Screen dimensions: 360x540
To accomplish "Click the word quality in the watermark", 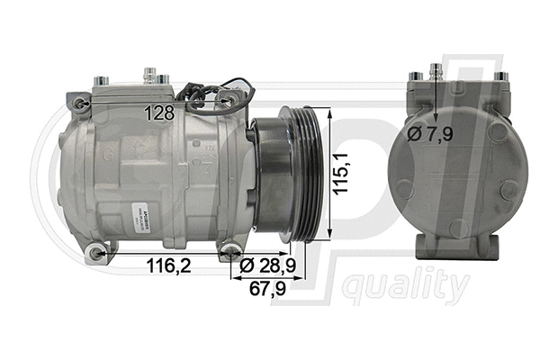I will click(406, 287).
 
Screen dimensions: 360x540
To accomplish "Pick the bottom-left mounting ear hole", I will click(96, 254).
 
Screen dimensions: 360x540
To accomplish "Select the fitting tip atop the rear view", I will click(436, 68).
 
